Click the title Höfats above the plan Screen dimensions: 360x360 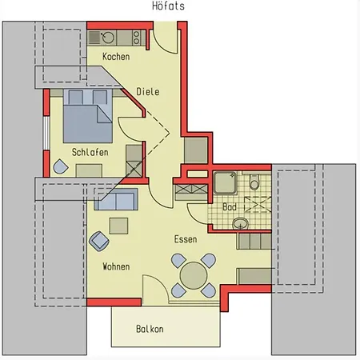coord(168,6)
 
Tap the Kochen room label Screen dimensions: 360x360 coord(116,57)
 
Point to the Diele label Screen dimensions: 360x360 coord(148,91)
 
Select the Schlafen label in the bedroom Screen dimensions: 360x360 coord(90,152)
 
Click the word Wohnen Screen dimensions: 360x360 coord(116,266)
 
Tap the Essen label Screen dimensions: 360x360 coord(186,239)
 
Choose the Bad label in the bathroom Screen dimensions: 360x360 coord(230,207)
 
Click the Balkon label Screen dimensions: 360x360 coord(150,329)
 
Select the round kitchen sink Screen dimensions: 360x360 coord(108,38)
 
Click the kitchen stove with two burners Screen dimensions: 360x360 coord(136,38)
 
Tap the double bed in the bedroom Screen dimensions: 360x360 coord(88,116)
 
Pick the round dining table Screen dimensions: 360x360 coord(194,275)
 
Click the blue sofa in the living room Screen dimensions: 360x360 coord(116,199)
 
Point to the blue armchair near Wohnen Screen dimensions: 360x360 coord(99,242)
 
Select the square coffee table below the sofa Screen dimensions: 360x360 coord(118,226)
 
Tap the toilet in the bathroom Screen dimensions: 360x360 coord(254,182)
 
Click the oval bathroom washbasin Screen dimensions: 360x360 coord(241,223)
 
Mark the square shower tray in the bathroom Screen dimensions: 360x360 coord(226,182)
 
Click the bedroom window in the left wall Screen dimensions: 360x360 coord(46,133)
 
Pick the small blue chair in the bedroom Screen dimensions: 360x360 coord(61,166)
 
